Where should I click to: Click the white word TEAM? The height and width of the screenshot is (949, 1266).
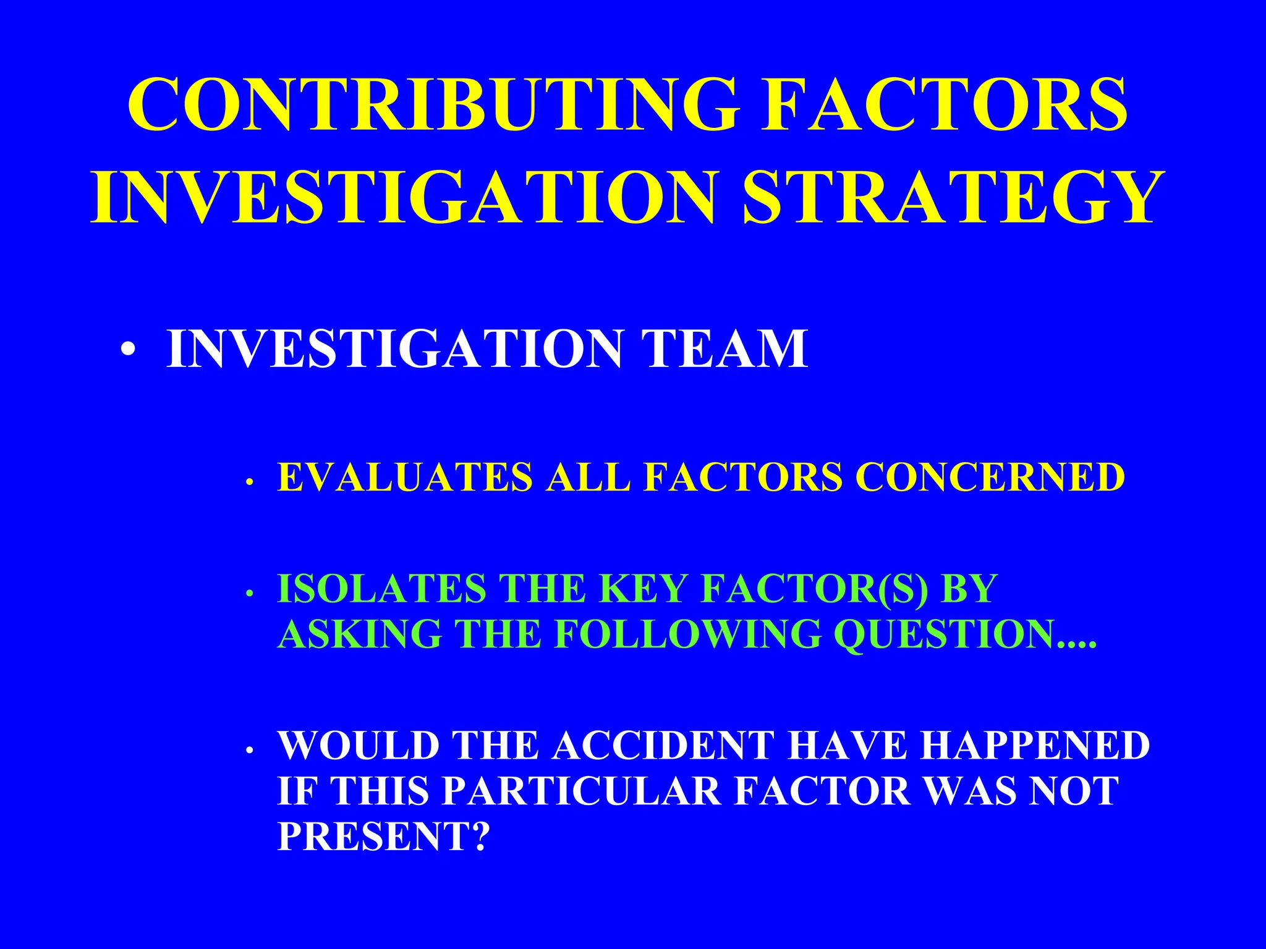coord(724,349)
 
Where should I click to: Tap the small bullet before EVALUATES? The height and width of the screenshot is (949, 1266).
coord(249,482)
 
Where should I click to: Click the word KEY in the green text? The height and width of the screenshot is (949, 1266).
coord(642,588)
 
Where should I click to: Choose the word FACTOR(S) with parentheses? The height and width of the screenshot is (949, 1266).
coord(815,588)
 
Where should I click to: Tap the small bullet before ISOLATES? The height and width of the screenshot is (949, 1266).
coord(249,594)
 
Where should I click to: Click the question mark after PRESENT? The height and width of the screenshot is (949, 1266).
coord(480,835)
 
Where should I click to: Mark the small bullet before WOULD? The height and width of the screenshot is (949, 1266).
coord(249,751)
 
